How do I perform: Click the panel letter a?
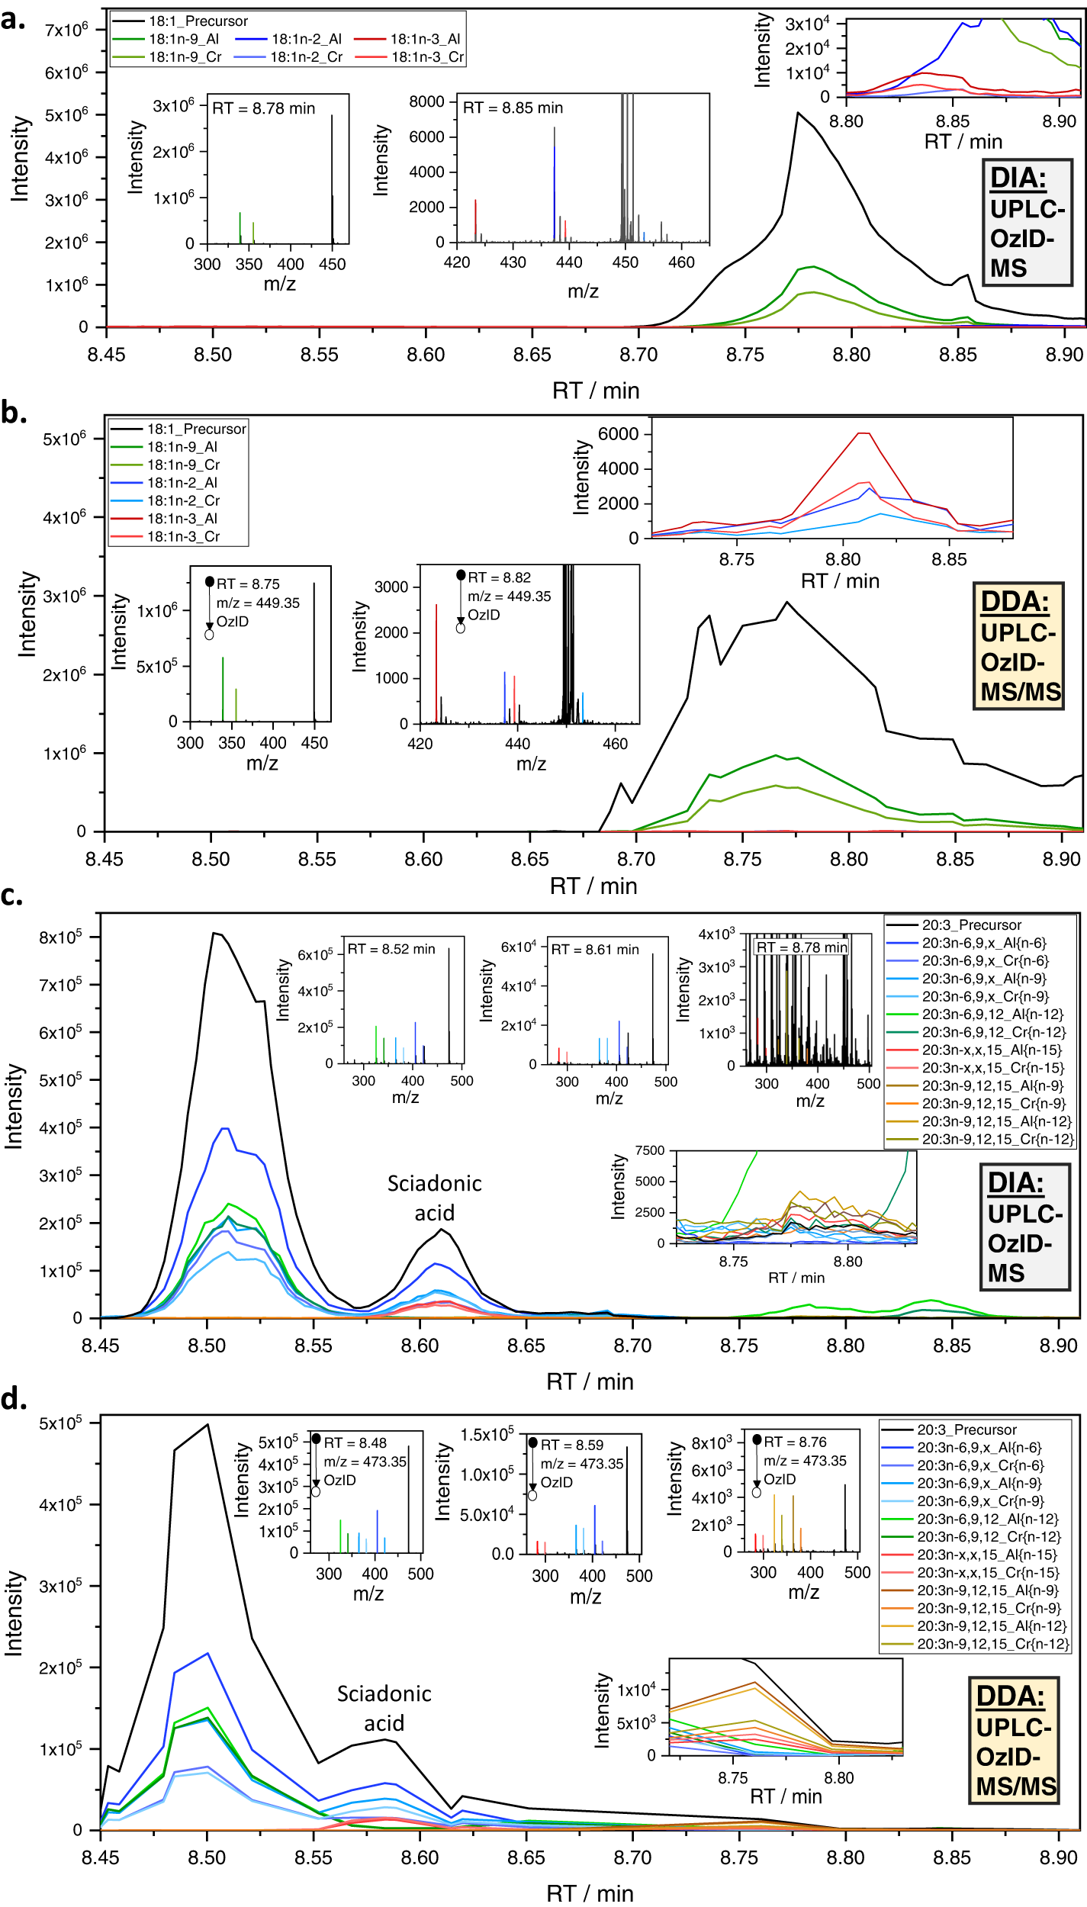(x=13, y=20)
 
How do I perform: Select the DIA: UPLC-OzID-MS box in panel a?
(x=1027, y=223)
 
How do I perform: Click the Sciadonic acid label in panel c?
(x=434, y=1198)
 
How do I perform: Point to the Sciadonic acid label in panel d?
(x=384, y=1709)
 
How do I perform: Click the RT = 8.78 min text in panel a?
(x=263, y=108)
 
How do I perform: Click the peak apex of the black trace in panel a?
(x=798, y=113)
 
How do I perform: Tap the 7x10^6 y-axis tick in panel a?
(x=66, y=30)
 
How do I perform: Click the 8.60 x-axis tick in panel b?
(x=423, y=860)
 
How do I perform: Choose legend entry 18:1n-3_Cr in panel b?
(x=183, y=537)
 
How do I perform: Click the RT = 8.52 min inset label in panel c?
(x=391, y=950)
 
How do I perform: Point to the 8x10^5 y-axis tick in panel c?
(x=60, y=937)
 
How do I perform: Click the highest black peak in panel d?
(x=207, y=1424)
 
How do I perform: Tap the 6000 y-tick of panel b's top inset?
(x=618, y=434)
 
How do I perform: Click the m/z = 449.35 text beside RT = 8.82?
(x=509, y=597)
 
